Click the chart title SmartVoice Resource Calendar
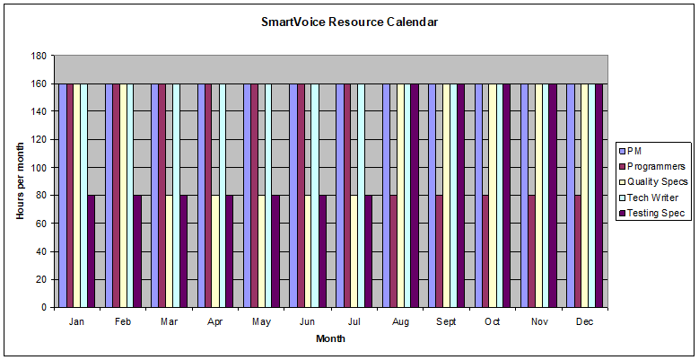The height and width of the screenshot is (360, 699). (x=349, y=22)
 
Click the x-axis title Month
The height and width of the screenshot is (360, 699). (x=330, y=338)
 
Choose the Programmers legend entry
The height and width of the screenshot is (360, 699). (x=655, y=166)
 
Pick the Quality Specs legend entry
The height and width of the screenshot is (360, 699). (x=657, y=182)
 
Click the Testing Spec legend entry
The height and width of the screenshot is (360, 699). (x=656, y=213)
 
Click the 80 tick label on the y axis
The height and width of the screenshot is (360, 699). (x=40, y=196)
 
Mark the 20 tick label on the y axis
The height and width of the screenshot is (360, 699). (x=40, y=279)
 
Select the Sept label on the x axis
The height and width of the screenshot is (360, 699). (x=445, y=320)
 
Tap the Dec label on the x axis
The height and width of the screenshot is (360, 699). (x=584, y=320)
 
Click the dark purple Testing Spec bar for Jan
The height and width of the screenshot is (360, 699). (x=92, y=251)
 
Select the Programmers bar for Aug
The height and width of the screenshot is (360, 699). (x=393, y=251)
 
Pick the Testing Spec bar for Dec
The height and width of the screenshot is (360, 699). (x=599, y=196)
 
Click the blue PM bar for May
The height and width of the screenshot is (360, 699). (x=247, y=196)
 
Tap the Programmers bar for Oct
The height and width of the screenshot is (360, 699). (x=485, y=251)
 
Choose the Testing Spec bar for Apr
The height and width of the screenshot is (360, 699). (x=230, y=251)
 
